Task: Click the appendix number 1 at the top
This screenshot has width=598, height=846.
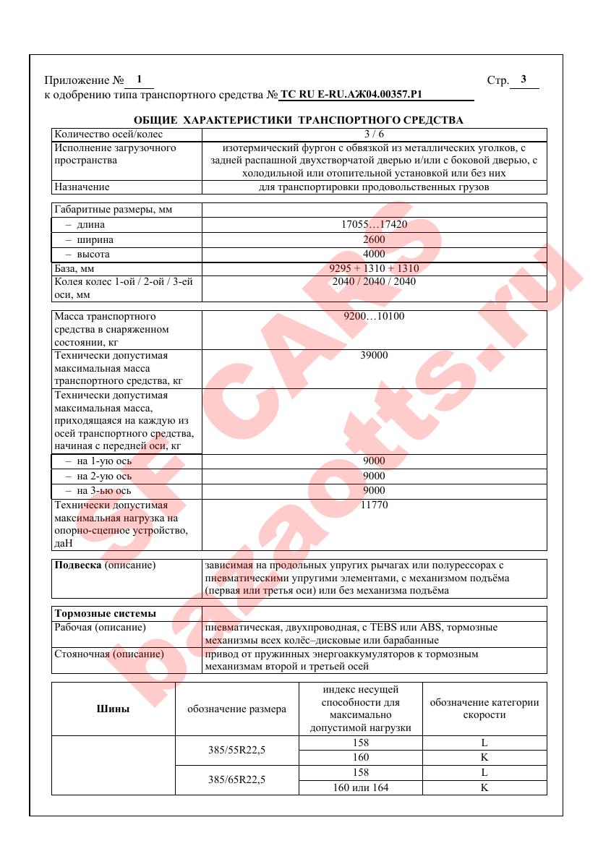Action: (139, 80)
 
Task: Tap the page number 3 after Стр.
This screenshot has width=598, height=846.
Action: (524, 80)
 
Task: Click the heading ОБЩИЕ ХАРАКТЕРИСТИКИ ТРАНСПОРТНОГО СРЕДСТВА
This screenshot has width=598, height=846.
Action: (299, 119)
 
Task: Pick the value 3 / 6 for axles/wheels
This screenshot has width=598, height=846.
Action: (374, 134)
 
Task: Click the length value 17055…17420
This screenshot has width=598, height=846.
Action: (374, 225)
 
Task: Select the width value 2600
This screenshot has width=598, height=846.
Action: (374, 239)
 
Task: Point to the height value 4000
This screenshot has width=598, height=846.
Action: (374, 255)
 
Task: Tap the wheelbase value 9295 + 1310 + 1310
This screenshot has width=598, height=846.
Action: (374, 268)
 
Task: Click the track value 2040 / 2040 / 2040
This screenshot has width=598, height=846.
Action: (374, 281)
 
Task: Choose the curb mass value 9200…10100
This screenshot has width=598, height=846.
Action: (374, 317)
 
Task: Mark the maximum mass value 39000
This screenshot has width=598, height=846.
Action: (374, 356)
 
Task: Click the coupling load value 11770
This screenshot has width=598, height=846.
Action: (374, 505)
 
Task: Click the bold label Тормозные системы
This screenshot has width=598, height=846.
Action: (106, 614)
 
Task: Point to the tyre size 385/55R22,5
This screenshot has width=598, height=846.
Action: (237, 751)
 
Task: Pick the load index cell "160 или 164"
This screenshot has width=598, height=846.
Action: (360, 787)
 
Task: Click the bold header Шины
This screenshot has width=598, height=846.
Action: (114, 709)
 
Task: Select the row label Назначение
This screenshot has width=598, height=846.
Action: (82, 187)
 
